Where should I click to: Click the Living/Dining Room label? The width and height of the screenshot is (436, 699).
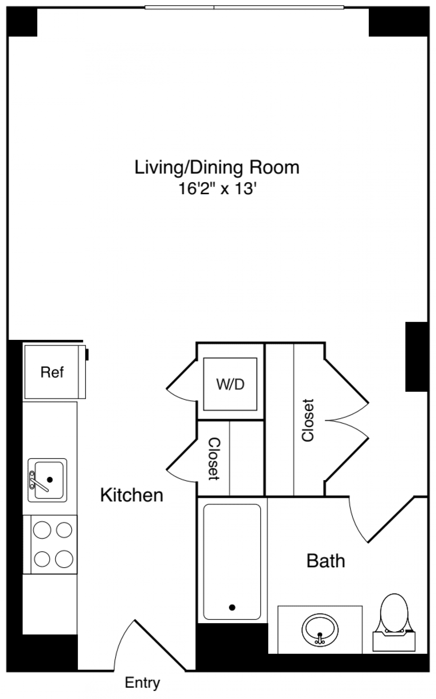(217, 168)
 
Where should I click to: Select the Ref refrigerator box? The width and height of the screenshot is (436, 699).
(52, 372)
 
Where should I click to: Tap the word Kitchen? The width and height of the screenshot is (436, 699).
(132, 495)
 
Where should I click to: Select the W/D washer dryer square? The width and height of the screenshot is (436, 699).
(230, 384)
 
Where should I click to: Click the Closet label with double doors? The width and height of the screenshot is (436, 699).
(308, 420)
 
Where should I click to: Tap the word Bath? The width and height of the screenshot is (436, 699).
(326, 561)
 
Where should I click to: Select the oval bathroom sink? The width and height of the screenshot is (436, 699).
(320, 629)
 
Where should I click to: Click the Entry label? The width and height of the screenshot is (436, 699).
(142, 683)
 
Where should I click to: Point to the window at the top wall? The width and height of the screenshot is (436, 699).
(244, 7)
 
